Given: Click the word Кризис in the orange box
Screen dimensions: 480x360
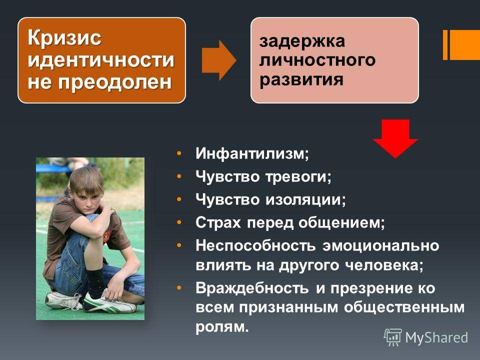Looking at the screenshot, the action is tap(64, 37).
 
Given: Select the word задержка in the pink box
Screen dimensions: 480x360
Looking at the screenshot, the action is tap(302, 41).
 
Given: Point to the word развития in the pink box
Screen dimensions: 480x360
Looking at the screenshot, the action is tap(301, 79).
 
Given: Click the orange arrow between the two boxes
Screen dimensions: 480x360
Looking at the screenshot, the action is tap(219, 60).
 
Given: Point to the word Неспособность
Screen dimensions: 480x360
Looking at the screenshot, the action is tap(255, 245).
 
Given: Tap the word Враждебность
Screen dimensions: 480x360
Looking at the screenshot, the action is tap(252, 288).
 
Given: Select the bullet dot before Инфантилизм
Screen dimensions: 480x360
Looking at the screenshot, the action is tap(179, 153).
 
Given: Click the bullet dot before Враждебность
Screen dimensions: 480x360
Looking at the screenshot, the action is tap(179, 288).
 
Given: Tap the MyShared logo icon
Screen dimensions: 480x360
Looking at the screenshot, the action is tap(393, 337).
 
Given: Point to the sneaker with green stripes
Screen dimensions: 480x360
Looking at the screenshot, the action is tap(108, 303).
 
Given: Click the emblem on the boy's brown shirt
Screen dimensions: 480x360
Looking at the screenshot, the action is tap(106, 236).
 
